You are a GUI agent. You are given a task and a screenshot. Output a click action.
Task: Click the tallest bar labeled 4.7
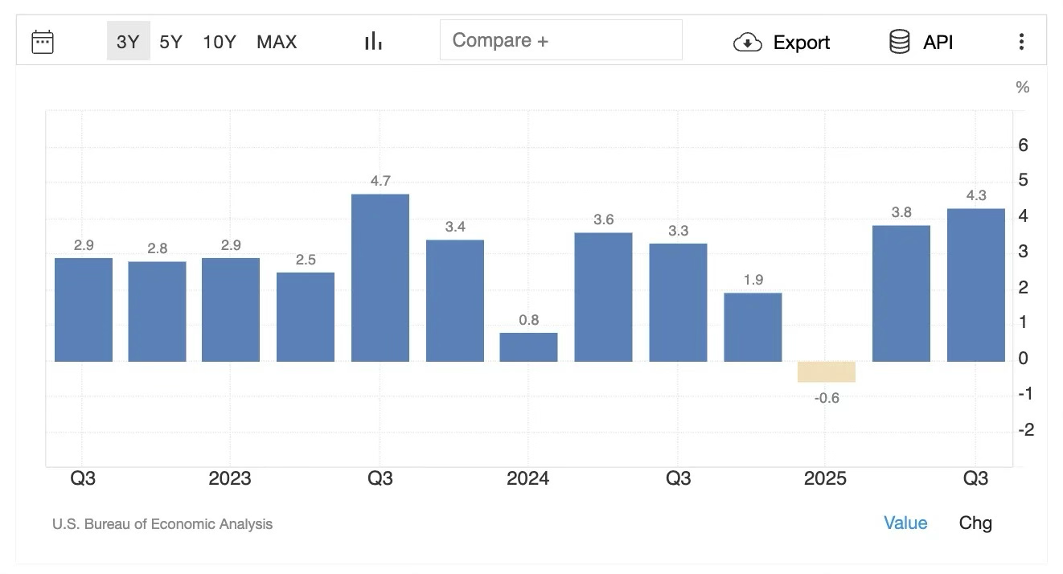380,277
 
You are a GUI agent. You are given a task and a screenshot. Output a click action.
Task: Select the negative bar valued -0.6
827,371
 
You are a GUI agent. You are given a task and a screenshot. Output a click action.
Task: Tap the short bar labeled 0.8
528,346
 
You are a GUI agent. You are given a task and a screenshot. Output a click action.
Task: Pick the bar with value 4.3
975,285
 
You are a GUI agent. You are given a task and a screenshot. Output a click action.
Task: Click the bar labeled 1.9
753,326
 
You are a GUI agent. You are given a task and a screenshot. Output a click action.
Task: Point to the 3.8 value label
901,212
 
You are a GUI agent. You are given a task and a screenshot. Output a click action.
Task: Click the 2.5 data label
306,260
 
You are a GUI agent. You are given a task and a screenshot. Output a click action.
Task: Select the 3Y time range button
128,42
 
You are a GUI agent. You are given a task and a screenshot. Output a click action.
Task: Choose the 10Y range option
219,42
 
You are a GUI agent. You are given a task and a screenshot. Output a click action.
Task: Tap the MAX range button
277,42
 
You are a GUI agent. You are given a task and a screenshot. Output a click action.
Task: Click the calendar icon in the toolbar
43,42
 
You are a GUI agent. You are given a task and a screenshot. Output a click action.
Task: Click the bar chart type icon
373,42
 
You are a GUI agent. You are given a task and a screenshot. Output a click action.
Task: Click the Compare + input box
560,40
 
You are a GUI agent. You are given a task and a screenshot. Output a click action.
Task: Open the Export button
782,43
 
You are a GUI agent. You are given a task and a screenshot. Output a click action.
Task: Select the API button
921,43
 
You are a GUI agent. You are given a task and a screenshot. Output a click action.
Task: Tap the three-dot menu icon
1021,42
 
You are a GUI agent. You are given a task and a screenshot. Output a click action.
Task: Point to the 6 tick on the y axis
1023,146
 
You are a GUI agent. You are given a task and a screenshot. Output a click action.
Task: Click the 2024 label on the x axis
527,478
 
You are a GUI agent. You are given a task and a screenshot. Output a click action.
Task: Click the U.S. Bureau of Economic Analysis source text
162,524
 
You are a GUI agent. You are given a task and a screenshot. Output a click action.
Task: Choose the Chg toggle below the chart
975,523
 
